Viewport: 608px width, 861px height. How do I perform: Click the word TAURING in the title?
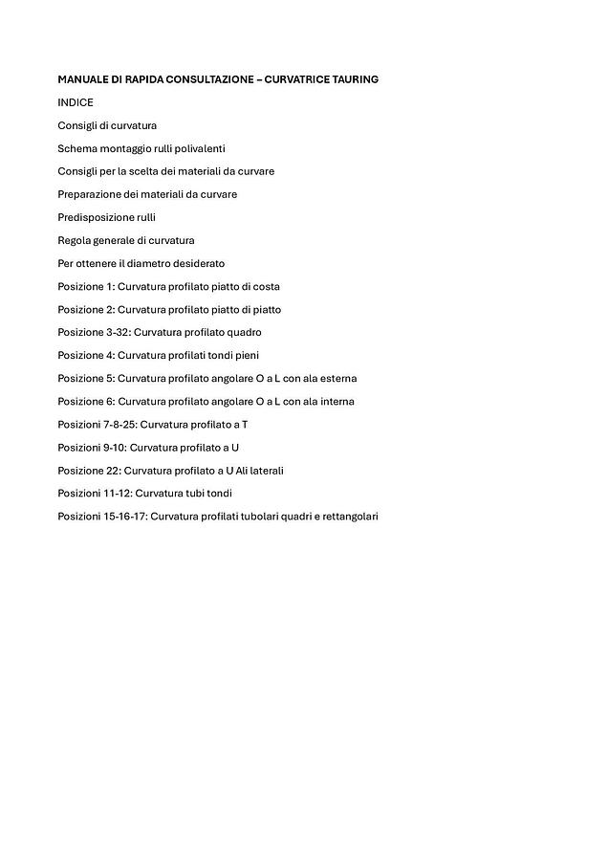(353, 79)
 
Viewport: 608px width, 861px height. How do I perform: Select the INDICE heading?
(76, 102)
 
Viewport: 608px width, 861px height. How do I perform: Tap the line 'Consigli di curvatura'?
(107, 125)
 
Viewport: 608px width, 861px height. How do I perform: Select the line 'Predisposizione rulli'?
(106, 217)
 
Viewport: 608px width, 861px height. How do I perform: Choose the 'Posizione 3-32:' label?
(93, 332)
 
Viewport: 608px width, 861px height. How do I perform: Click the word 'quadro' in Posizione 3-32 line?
(245, 332)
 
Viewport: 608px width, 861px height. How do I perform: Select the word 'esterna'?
(337, 378)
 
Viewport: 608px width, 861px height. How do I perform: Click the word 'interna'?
(336, 401)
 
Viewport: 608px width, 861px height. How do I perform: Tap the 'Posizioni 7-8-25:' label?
(97, 424)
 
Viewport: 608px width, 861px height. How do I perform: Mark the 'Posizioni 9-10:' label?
(91, 447)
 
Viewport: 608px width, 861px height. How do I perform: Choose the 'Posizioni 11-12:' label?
(94, 493)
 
